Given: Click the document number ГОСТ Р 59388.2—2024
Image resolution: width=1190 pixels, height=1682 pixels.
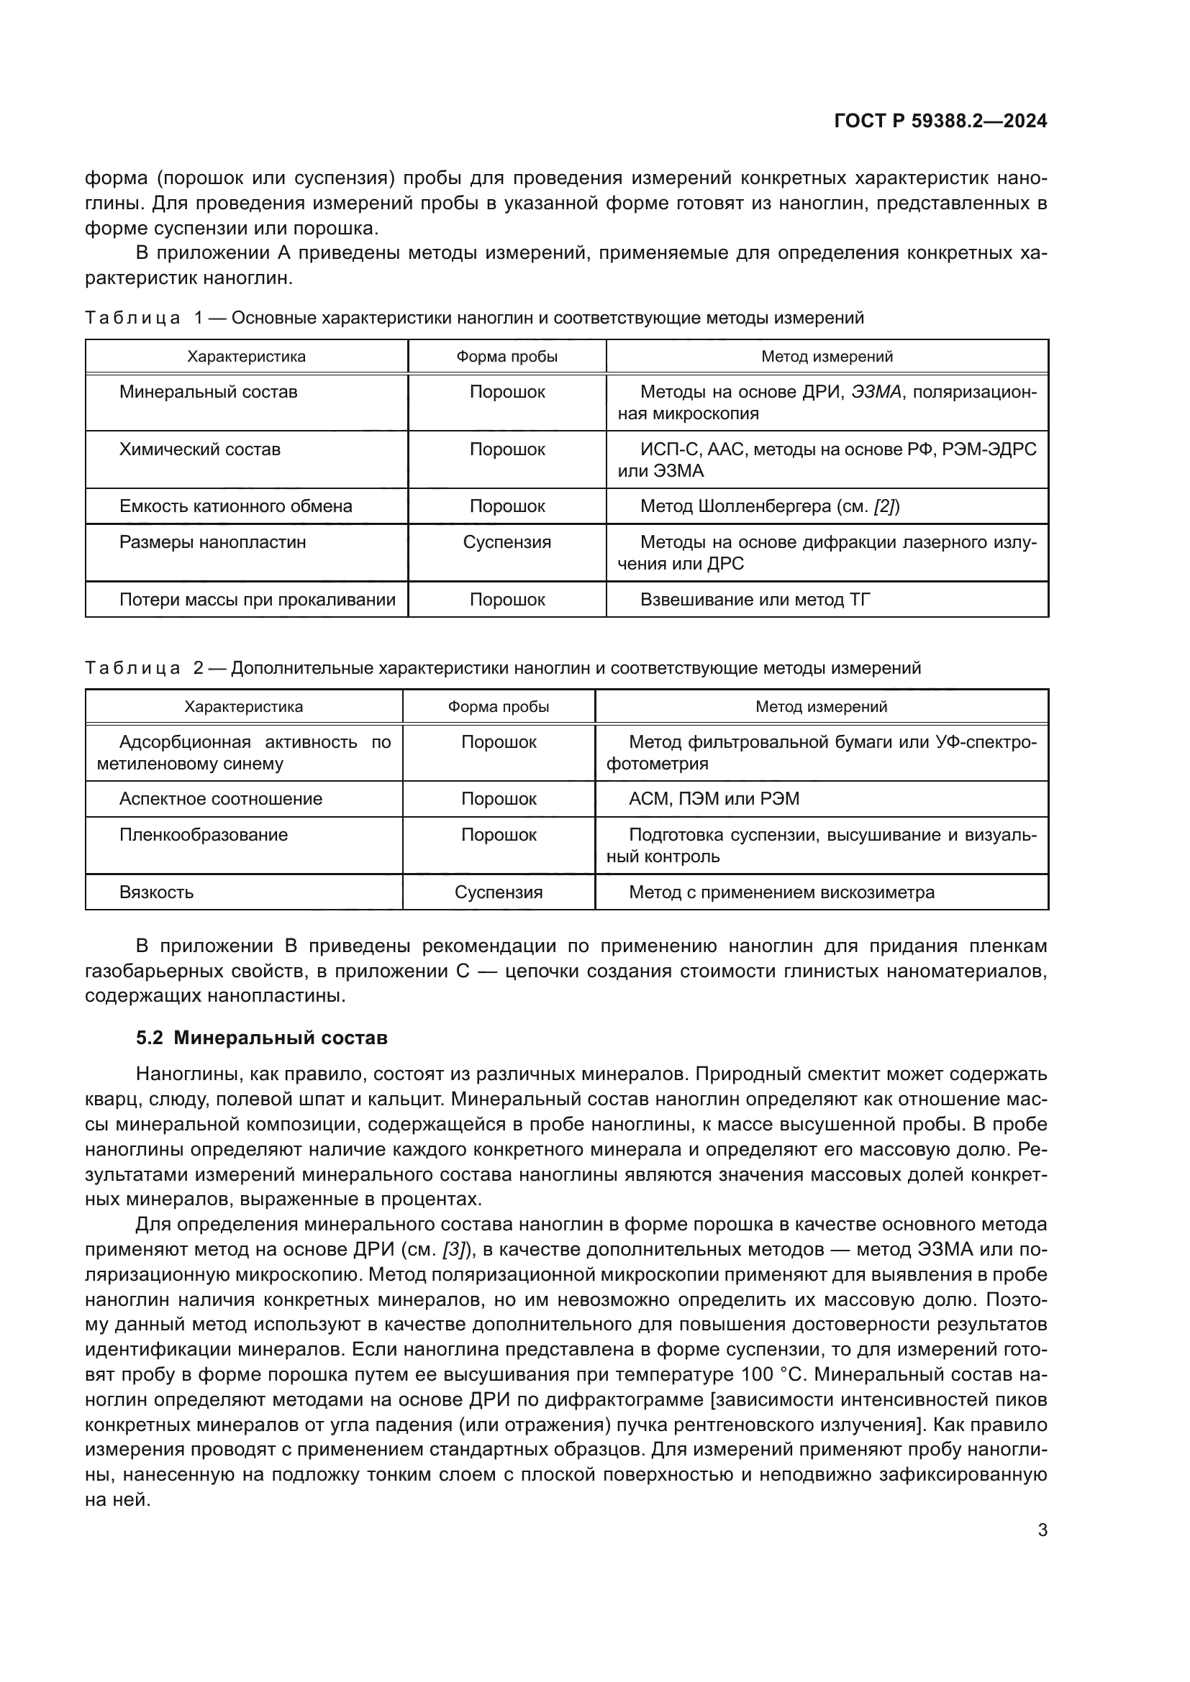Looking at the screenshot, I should click(x=940, y=122).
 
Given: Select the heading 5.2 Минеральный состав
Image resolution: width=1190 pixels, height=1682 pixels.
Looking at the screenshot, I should click(x=262, y=1038).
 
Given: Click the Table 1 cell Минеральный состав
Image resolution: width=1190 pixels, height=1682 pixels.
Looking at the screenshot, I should click(x=208, y=392).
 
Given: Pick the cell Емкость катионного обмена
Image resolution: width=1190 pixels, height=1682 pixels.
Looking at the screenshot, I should click(x=235, y=506).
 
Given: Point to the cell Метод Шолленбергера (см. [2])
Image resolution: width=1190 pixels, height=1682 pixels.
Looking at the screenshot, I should click(x=769, y=506).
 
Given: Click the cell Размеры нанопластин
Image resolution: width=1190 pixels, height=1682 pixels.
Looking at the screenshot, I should click(x=212, y=542).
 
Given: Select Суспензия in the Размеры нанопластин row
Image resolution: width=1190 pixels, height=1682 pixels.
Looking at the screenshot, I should click(x=507, y=542).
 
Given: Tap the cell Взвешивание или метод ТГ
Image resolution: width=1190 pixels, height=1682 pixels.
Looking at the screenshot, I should click(x=755, y=600).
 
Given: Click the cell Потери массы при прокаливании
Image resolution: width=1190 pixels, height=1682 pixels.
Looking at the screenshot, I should click(x=257, y=600).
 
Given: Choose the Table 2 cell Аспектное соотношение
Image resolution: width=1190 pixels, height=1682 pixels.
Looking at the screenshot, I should click(x=221, y=798).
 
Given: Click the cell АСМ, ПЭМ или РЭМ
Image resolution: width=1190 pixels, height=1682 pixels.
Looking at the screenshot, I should click(x=714, y=798).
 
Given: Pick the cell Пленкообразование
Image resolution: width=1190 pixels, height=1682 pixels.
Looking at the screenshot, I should click(x=203, y=834).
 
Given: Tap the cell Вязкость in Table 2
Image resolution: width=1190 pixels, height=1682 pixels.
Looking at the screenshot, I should click(x=156, y=892).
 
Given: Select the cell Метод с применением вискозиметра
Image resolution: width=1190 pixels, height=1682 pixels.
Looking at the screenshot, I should click(x=781, y=892).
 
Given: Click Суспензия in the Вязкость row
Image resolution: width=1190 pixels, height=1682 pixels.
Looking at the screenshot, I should click(x=499, y=892).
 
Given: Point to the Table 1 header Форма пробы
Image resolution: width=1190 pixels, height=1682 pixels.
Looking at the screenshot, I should click(x=507, y=357).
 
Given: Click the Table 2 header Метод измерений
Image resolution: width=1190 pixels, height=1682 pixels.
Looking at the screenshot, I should click(x=821, y=707).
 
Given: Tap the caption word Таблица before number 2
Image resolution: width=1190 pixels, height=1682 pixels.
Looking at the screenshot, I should click(x=132, y=668).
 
